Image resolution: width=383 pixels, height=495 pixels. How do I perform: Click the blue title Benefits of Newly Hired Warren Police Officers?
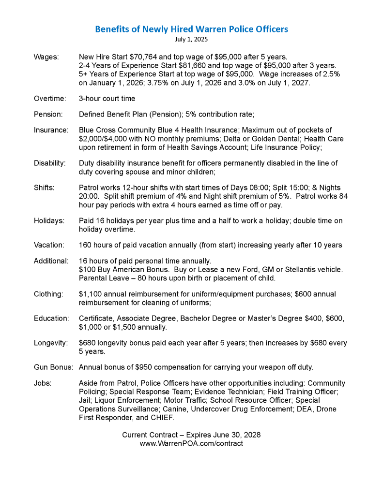coord(191,29)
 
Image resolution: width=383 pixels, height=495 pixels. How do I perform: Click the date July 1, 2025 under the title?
coord(191,39)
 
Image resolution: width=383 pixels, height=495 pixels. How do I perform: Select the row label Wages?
coord(46,57)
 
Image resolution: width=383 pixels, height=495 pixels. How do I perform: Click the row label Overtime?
coord(50,99)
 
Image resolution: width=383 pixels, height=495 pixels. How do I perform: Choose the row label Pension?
coord(48,114)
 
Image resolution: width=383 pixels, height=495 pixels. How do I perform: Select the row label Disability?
coord(49,163)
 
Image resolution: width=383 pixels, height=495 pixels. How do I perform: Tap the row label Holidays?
coord(49,221)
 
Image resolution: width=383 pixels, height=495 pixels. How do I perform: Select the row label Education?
coord(50,319)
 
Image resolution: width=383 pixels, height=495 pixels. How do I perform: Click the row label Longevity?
coord(50,343)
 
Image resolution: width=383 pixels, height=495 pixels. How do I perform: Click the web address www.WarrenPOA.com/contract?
coord(191,443)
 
